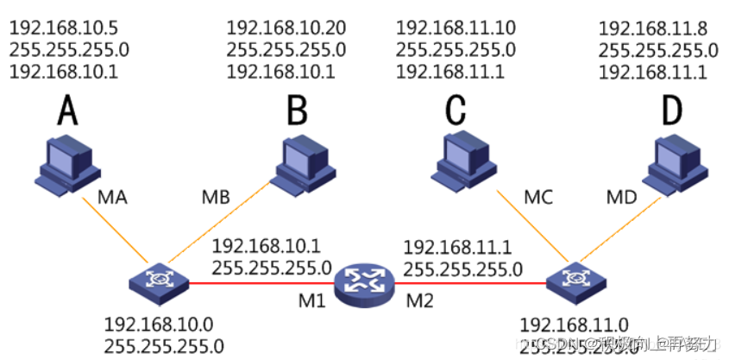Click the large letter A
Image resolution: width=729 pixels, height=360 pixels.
coord(67,112)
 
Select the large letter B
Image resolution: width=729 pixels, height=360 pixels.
coord(297,112)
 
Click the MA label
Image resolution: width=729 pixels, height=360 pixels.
coord(113,198)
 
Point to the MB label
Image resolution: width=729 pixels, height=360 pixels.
coord(215,198)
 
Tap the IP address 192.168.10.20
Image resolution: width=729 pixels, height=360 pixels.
coord(286,28)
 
